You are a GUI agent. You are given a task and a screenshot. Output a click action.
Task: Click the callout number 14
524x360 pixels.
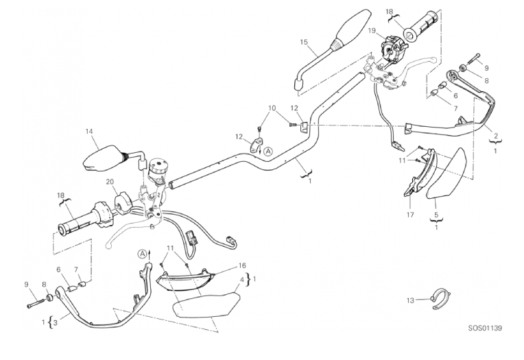[x=88, y=132]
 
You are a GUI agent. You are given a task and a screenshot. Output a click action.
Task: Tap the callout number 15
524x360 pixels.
[x=304, y=42]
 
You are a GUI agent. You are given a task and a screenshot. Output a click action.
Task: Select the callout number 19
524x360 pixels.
[x=372, y=31]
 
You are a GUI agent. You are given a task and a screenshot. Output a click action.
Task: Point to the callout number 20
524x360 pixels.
[x=110, y=182]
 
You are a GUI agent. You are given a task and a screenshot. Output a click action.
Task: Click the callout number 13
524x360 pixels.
[x=410, y=300]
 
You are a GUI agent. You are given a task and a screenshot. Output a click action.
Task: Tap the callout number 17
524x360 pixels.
[x=410, y=215]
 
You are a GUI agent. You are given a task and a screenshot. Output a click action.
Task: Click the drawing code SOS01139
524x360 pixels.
[x=485, y=328]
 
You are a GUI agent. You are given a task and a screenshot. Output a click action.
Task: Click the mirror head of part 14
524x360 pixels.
[x=103, y=158]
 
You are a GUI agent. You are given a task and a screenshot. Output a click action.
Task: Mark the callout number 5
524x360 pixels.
[x=436, y=215]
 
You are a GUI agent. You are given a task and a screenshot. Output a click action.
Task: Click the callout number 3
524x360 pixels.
[x=55, y=322]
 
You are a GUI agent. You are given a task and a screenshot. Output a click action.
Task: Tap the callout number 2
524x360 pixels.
[x=496, y=136]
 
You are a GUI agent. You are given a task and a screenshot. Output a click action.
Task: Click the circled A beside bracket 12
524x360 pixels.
[x=268, y=152]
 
